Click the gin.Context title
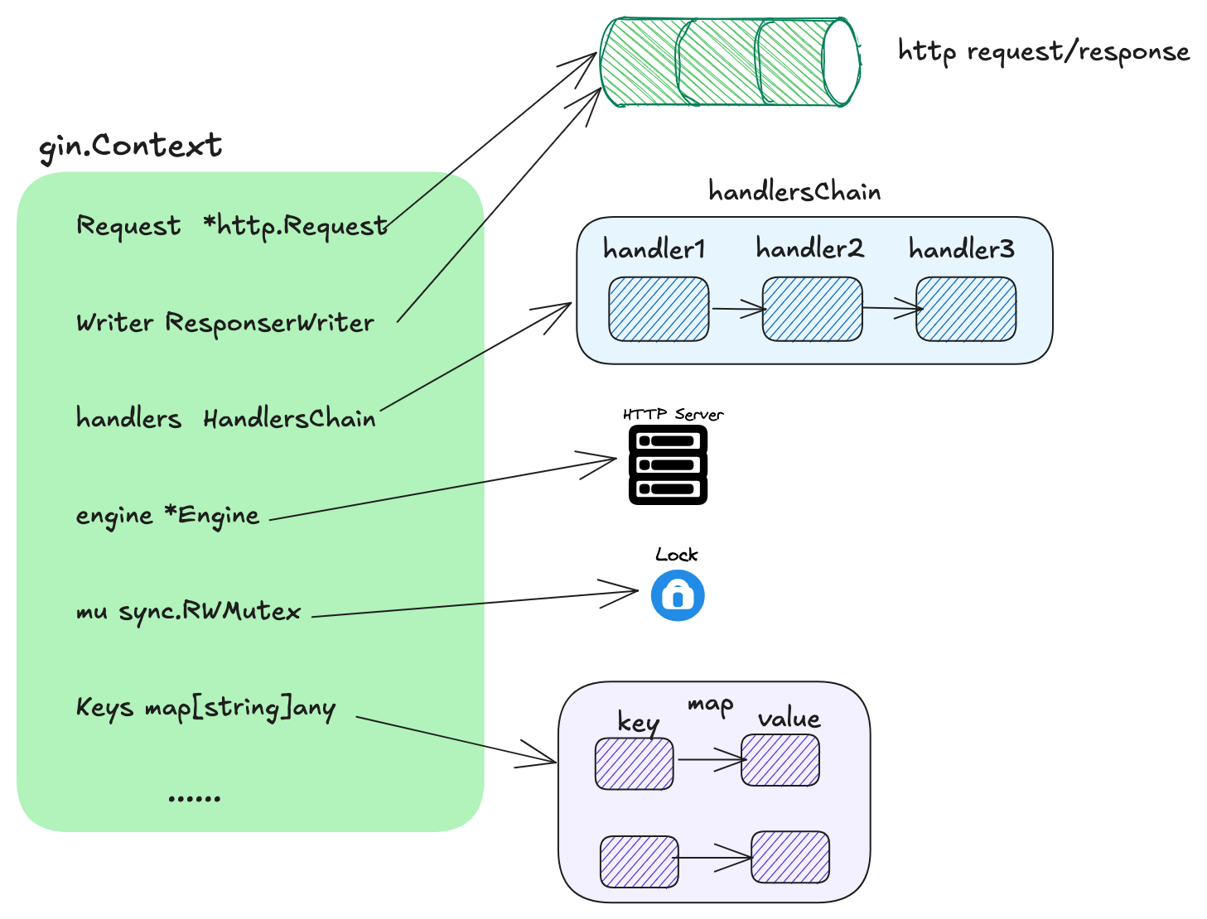[x=131, y=147]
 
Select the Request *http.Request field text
[x=232, y=226]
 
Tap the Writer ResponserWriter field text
[x=225, y=323]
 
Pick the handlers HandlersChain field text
[x=226, y=419]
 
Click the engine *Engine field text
[x=168, y=516]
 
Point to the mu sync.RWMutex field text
[x=189, y=612]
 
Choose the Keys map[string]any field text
[x=206, y=709]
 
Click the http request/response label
[x=1044, y=52]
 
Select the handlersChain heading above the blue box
[x=794, y=192]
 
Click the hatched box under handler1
[x=659, y=309]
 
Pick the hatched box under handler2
[x=812, y=309]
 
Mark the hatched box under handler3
[x=965, y=309]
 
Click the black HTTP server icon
[x=668, y=464]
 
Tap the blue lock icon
[x=678, y=595]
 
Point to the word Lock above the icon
[x=677, y=555]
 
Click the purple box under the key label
[x=635, y=763]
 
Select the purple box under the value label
[x=780, y=759]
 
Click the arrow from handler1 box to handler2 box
[x=737, y=310]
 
